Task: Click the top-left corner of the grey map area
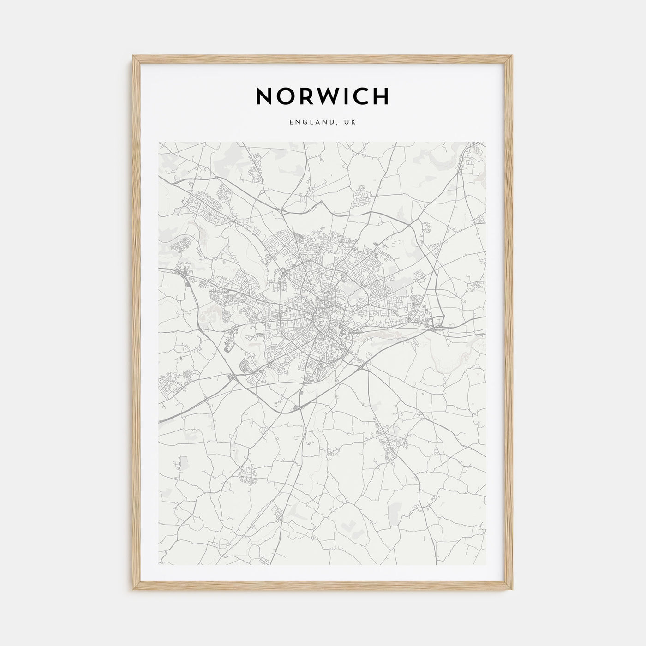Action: [x=159, y=142]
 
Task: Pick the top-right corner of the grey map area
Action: [x=486, y=142]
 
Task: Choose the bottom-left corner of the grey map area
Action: [x=159, y=565]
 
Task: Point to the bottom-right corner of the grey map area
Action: [x=486, y=565]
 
